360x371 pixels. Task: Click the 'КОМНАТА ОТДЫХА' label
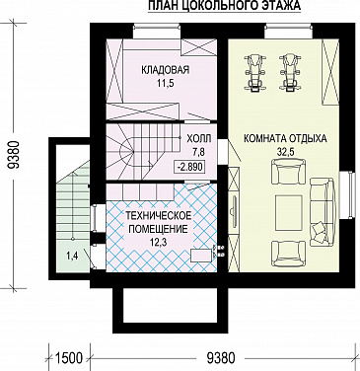click(284, 139)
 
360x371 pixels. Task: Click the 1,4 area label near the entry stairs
click(72, 257)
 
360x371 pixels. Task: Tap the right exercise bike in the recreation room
click(292, 70)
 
